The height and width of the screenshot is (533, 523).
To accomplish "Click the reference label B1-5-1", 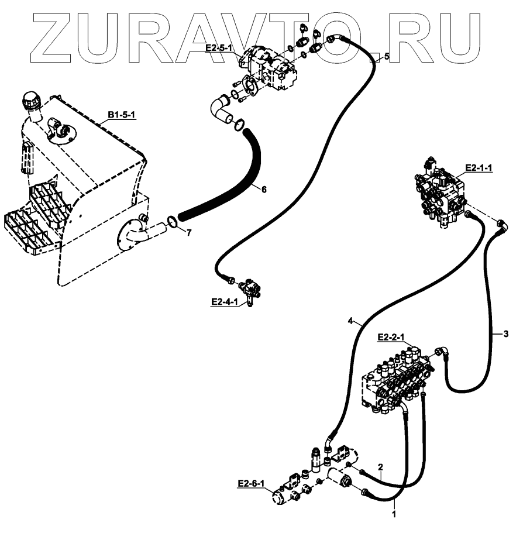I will [x=121, y=114].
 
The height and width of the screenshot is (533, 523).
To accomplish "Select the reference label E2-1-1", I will [x=479, y=168].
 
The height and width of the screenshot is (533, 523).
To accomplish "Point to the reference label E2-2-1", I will [x=392, y=337].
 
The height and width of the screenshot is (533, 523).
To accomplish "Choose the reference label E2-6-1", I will [x=251, y=483].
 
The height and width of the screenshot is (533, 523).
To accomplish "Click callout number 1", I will [x=394, y=515].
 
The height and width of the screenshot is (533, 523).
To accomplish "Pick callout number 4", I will [x=350, y=321].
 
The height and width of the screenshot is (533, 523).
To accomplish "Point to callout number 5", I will [x=386, y=57].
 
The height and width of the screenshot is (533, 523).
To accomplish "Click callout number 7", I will [x=188, y=233].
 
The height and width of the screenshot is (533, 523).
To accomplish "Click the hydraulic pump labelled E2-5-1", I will [x=271, y=69].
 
